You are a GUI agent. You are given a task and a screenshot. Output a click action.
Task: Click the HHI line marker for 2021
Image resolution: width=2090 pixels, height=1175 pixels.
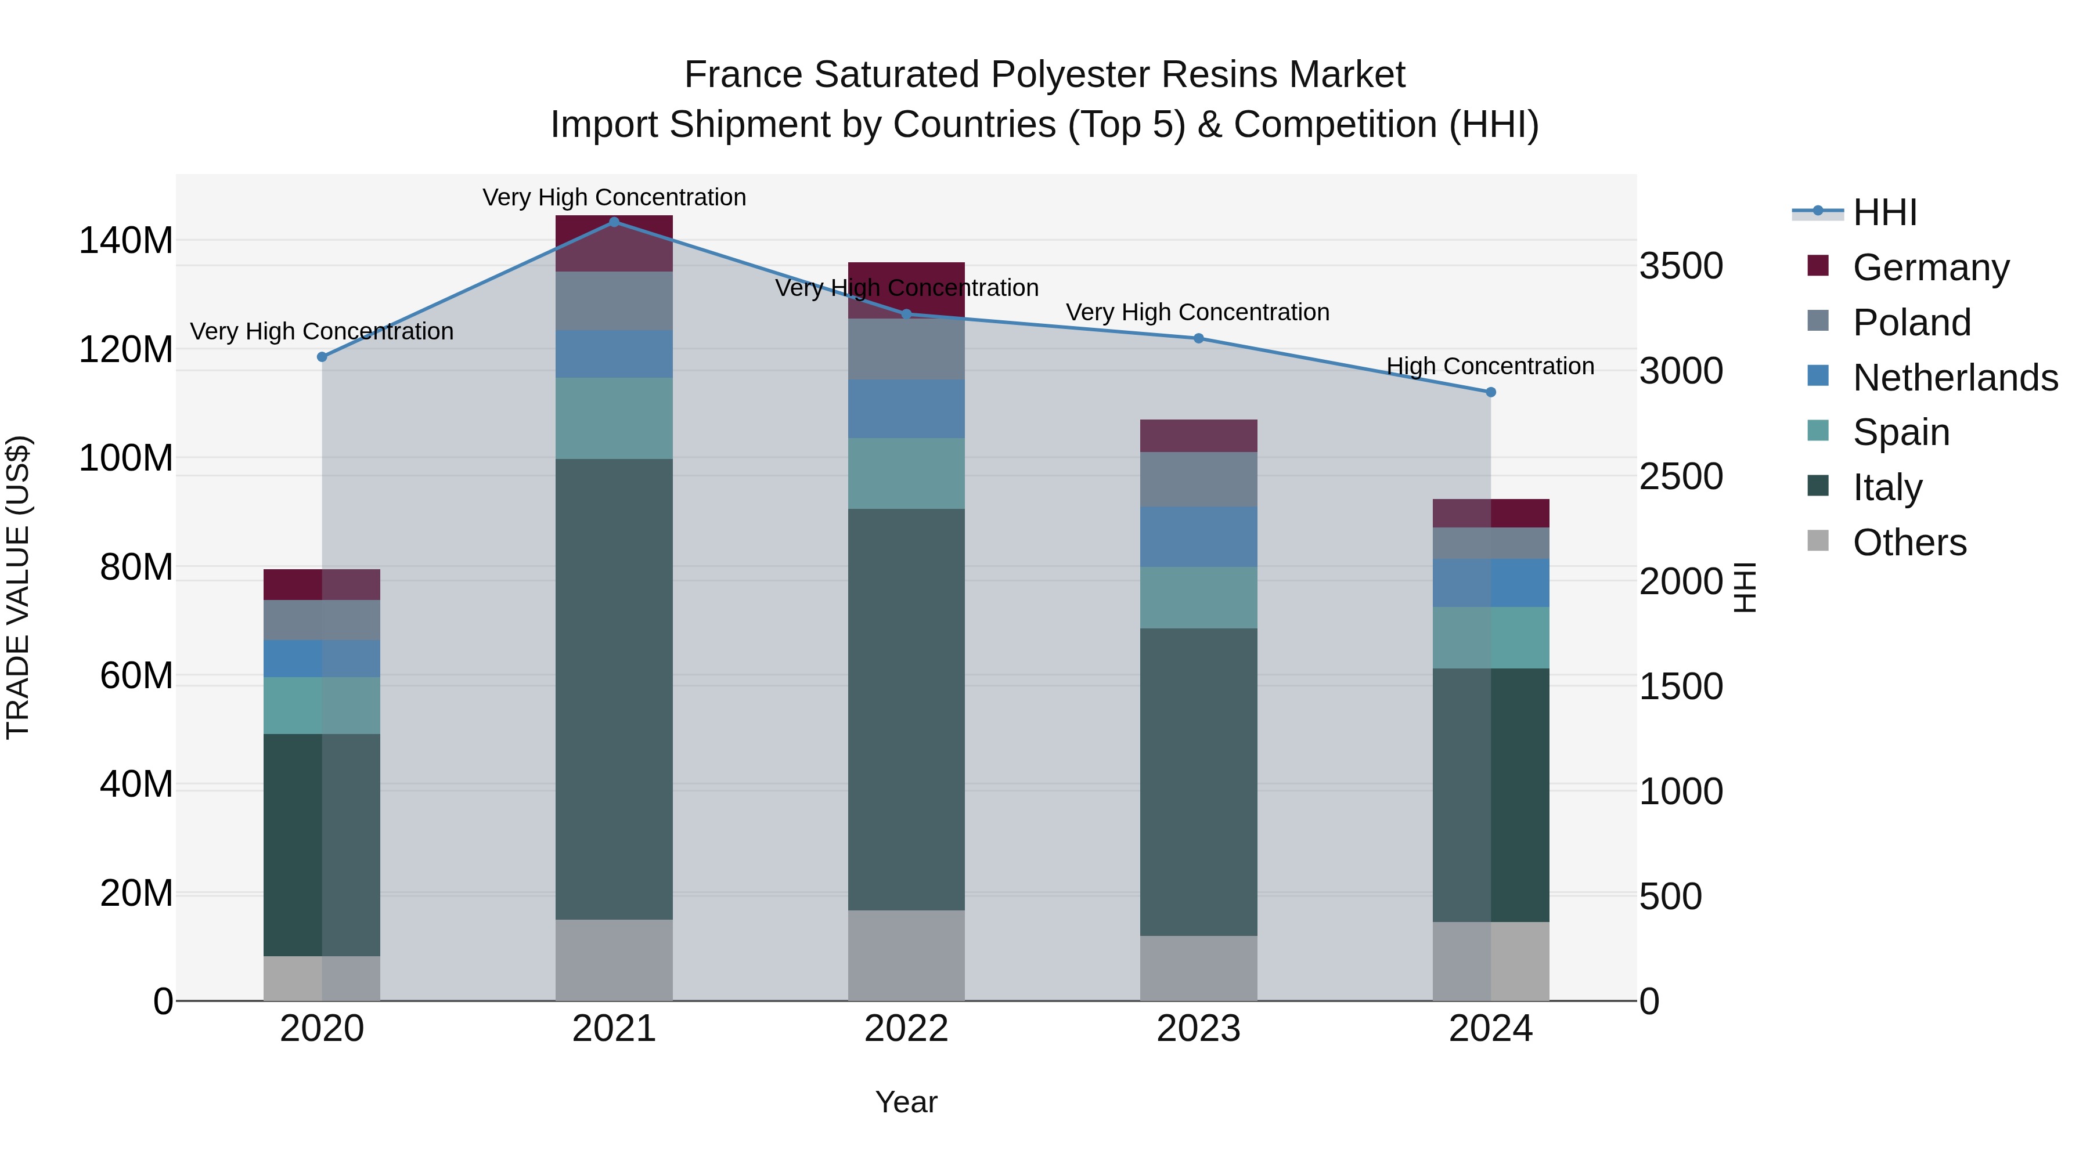(x=614, y=222)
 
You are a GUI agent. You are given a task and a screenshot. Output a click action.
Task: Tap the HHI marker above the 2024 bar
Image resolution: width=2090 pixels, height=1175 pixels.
(x=1490, y=392)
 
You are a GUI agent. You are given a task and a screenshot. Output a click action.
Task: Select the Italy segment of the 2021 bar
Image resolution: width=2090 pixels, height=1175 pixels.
(x=614, y=689)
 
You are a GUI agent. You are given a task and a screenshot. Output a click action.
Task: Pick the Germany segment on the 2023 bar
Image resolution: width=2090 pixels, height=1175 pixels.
(x=1198, y=435)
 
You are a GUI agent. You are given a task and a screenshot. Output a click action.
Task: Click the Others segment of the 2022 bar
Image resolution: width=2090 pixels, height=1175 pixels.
(x=906, y=955)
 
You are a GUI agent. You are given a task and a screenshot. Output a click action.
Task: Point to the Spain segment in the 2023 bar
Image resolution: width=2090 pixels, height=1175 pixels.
(x=1198, y=598)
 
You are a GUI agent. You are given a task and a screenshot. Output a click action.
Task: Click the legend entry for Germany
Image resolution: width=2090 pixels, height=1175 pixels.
(x=1931, y=267)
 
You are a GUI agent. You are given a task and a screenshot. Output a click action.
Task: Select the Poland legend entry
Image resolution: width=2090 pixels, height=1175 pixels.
(x=1912, y=323)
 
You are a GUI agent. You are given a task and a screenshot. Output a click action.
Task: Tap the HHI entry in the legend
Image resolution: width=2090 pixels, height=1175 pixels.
(x=1884, y=212)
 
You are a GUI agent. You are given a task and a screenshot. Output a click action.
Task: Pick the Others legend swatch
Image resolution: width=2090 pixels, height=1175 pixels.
(x=1818, y=541)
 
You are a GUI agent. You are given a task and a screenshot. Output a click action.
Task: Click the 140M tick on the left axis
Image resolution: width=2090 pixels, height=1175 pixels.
(x=126, y=241)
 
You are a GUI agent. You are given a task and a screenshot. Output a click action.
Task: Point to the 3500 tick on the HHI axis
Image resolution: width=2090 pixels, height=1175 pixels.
(x=1681, y=266)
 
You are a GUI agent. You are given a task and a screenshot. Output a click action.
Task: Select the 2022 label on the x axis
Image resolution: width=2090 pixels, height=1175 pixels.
(x=906, y=1029)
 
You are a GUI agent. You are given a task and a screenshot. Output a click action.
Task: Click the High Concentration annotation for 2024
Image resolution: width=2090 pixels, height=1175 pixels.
(x=1490, y=367)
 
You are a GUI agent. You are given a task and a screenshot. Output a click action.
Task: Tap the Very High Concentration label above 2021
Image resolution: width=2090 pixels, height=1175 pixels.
(x=614, y=197)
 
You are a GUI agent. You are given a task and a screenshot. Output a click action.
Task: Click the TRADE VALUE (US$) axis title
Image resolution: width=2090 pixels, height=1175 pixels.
(x=18, y=587)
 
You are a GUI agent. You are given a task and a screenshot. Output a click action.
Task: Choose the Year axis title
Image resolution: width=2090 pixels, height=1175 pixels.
(x=906, y=1102)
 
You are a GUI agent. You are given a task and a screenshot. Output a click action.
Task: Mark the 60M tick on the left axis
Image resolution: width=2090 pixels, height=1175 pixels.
(x=136, y=675)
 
